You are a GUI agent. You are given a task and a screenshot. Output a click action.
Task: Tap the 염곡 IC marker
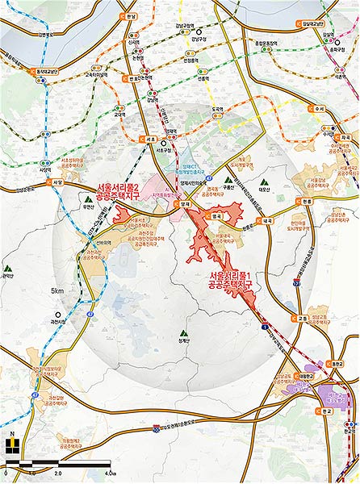pos(216,216)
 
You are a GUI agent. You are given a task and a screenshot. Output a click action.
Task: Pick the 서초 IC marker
pos(150,140)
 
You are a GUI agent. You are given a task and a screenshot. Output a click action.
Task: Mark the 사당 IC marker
pos(57,182)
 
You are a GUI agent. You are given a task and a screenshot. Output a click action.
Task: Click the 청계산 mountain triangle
pos(182,331)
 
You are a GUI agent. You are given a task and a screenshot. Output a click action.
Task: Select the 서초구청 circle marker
pos(163,144)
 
